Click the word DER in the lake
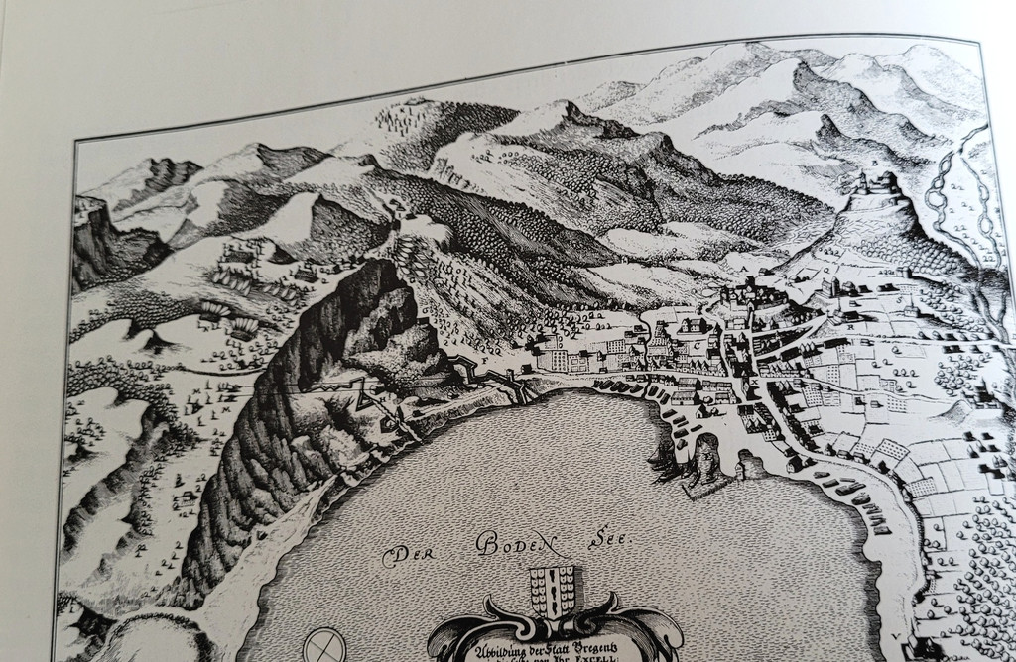(x=404, y=555)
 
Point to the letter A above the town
(x=744, y=268)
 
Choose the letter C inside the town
(x=697, y=344)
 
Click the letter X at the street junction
(x=755, y=382)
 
